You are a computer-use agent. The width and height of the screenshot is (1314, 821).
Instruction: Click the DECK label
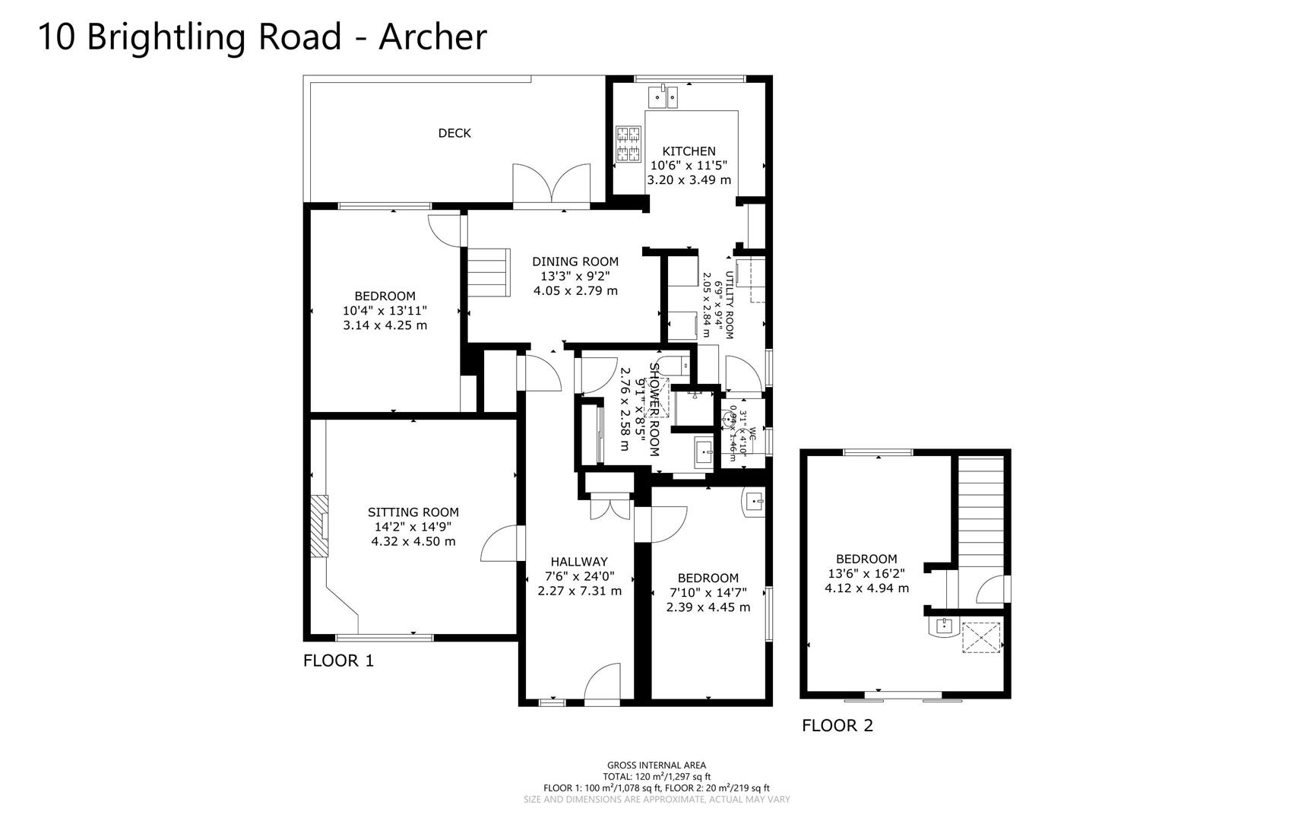454,133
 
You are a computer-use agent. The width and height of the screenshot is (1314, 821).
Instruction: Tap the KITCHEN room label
689,151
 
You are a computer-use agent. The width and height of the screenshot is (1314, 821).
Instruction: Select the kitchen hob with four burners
628,144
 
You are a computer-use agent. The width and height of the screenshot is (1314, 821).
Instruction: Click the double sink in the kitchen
662,97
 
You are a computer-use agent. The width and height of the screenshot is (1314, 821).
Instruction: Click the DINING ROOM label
575,262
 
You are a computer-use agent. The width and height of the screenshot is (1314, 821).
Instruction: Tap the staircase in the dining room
487,273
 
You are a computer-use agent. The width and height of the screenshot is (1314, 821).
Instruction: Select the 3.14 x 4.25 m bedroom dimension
385,325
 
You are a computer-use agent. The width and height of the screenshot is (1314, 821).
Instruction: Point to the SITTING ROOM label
413,512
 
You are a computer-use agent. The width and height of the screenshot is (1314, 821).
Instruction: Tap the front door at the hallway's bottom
603,684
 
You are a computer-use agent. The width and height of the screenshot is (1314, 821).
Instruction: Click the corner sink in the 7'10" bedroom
753,502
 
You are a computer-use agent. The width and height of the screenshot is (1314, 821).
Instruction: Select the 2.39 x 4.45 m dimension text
708,607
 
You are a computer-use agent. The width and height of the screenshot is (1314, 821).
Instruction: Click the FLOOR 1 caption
339,661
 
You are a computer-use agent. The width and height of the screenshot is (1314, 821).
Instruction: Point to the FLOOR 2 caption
837,726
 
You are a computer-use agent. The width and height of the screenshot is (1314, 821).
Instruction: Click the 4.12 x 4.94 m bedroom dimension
866,588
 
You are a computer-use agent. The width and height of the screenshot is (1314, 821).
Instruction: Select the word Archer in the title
432,36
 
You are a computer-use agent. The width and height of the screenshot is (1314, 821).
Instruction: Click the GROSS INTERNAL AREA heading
657,766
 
